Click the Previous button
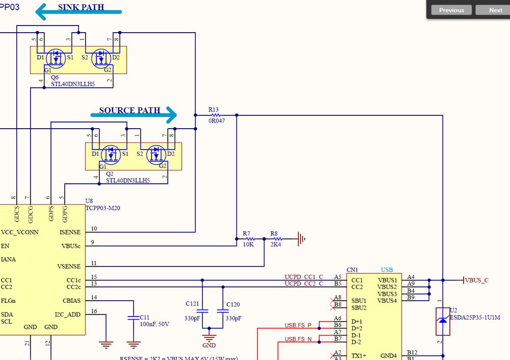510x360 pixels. click(x=451, y=10)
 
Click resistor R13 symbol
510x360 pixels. click(x=214, y=115)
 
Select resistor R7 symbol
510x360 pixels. click(x=248, y=238)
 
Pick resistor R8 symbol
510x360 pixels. click(x=276, y=238)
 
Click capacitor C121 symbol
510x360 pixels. click(x=202, y=310)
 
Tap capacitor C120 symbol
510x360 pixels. click(x=223, y=310)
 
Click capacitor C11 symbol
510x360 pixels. click(x=133, y=317)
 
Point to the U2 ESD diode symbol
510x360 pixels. click(x=443, y=321)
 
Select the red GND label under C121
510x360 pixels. click(x=209, y=344)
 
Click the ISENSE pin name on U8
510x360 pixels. click(x=70, y=232)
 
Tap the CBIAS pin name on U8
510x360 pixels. click(x=71, y=300)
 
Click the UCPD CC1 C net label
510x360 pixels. click(x=304, y=277)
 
